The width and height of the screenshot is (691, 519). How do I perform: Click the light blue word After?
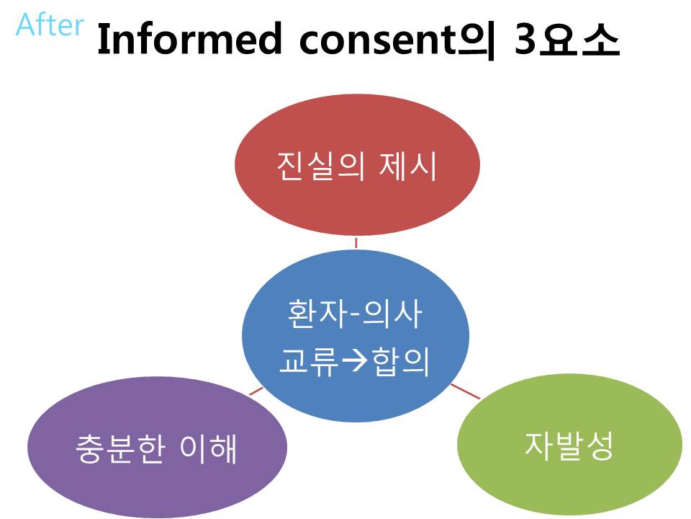click(50, 25)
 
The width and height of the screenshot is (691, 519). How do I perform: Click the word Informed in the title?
click(189, 39)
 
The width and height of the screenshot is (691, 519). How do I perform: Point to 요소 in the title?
click(579, 39)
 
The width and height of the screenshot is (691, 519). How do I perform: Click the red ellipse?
click(357, 164)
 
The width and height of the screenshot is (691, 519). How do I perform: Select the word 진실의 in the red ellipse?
click(321, 166)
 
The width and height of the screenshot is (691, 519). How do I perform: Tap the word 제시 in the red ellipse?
click(407, 166)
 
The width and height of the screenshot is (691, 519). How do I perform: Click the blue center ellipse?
click(355, 335)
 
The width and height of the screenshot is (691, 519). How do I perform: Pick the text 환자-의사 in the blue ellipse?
click(355, 314)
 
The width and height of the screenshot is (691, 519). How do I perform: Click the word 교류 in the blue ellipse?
click(309, 361)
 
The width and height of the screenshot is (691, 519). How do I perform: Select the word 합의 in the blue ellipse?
click(401, 361)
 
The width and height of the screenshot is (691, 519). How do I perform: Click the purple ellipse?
click(158, 447)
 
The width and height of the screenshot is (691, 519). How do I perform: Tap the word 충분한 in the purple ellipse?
click(120, 448)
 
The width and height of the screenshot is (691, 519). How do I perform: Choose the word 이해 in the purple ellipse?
click(209, 448)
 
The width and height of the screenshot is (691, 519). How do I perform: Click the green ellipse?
click(570, 445)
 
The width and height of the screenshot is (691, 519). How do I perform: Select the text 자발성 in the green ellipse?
click(569, 445)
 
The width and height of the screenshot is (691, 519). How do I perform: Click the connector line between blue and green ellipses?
click(466, 391)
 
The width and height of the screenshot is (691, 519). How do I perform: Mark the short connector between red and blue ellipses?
click(356, 243)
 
